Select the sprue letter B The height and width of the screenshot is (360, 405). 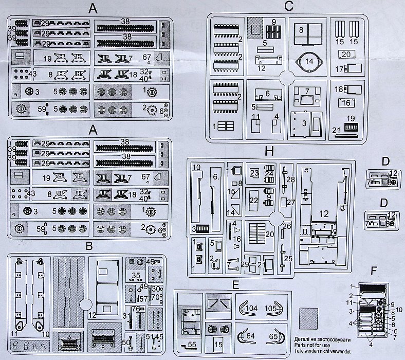pos(89,247)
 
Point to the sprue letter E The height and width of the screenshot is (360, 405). pos(235,284)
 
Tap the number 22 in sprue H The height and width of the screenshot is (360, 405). pos(253,200)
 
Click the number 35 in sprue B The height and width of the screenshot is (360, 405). pos(136,276)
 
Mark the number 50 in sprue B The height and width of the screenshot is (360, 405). pos(126,343)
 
